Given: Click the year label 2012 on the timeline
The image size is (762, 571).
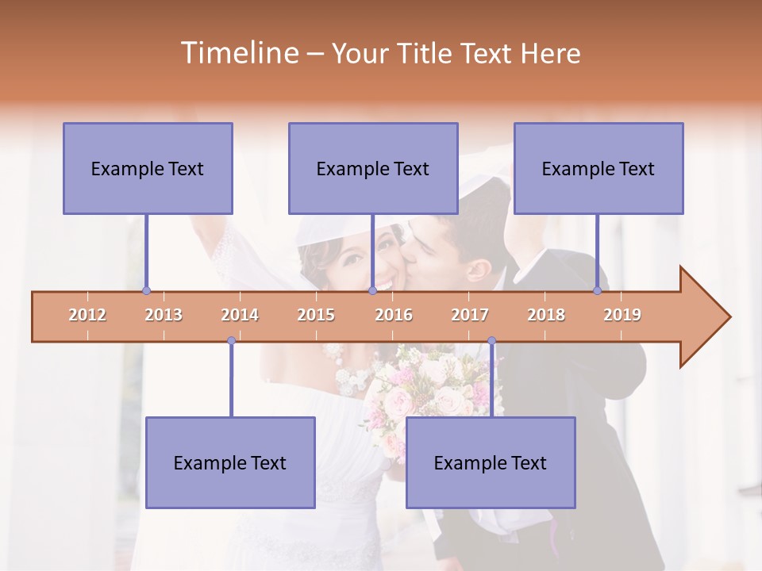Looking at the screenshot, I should click(x=87, y=315).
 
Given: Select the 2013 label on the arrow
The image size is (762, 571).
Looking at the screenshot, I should click(x=164, y=315).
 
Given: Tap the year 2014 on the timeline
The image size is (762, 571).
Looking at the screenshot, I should click(x=240, y=315).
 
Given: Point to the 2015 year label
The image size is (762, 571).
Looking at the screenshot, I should click(x=316, y=315).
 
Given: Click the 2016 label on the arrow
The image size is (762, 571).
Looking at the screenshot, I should click(x=394, y=315).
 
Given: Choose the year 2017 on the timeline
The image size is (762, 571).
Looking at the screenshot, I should click(x=470, y=315).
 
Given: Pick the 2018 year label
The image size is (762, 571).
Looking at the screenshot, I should click(x=546, y=315).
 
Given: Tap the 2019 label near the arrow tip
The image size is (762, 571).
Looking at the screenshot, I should click(x=622, y=315).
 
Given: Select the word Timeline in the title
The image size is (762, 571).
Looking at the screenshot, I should click(x=237, y=53).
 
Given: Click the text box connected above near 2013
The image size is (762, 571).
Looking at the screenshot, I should click(x=148, y=168).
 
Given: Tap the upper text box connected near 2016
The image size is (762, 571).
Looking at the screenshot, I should click(x=373, y=168).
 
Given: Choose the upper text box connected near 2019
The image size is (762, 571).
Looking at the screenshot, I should click(x=598, y=168).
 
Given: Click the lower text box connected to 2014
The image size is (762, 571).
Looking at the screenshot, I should click(x=230, y=462).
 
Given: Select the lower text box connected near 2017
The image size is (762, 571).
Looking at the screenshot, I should click(x=491, y=462).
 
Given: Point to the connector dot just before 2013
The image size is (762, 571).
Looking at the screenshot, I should click(x=146, y=291).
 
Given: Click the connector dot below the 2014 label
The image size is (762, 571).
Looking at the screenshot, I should click(x=231, y=341).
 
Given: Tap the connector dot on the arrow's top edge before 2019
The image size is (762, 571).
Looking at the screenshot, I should click(x=598, y=291).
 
